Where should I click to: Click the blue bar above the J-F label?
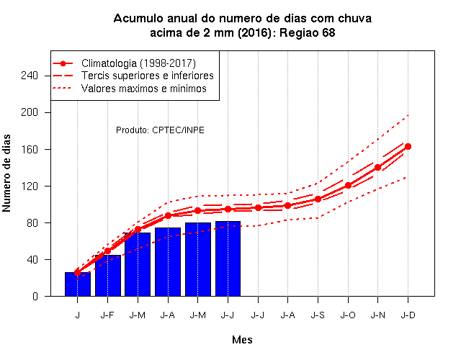108,276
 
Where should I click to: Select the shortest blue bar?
78,284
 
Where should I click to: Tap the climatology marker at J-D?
408,146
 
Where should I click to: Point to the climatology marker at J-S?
318,199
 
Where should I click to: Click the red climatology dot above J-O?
348,186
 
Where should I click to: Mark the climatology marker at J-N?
377,168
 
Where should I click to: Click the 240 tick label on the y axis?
30,76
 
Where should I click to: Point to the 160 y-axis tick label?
30,150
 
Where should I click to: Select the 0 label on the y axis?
35,296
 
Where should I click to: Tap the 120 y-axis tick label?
30,186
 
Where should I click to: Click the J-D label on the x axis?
408,315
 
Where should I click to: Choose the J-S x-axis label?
318,315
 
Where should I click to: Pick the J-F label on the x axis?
107,315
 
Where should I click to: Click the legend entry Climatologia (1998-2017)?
138,63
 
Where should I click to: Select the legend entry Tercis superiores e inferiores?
148,76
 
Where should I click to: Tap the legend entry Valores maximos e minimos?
144,89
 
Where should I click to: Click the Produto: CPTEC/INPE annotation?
160,130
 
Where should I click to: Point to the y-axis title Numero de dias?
6,173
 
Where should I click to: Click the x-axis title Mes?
242,340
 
